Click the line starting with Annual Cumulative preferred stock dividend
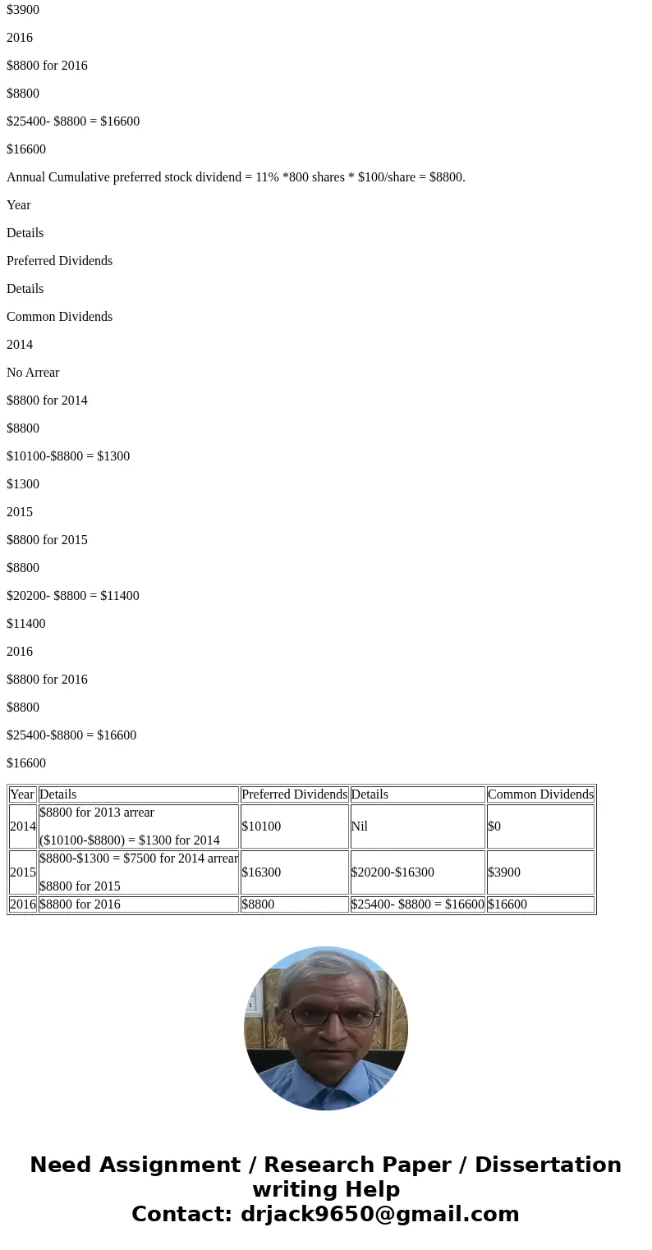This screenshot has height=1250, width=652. click(x=236, y=177)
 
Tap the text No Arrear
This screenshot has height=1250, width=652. click(x=33, y=373)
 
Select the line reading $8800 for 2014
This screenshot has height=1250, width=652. click(x=47, y=401)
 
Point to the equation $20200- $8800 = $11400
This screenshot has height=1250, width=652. click(x=73, y=596)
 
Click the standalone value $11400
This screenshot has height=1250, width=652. click(x=26, y=624)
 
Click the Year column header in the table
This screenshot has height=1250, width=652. click(x=22, y=794)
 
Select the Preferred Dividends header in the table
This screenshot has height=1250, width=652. click(x=294, y=794)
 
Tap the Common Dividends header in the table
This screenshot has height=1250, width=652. click(x=540, y=794)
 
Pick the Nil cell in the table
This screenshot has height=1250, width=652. click(x=360, y=826)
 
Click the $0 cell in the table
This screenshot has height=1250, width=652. click(x=495, y=826)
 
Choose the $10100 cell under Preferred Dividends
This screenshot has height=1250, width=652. click(x=261, y=826)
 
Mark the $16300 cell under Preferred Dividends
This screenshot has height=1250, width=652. click(x=261, y=872)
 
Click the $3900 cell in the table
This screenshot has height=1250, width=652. click(x=503, y=872)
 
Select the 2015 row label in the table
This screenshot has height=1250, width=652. click(x=23, y=872)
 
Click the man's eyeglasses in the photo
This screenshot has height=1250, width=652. click(x=333, y=1017)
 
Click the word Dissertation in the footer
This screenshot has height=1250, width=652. click(x=548, y=1165)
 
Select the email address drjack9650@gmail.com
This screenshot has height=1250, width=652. click(x=379, y=1215)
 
